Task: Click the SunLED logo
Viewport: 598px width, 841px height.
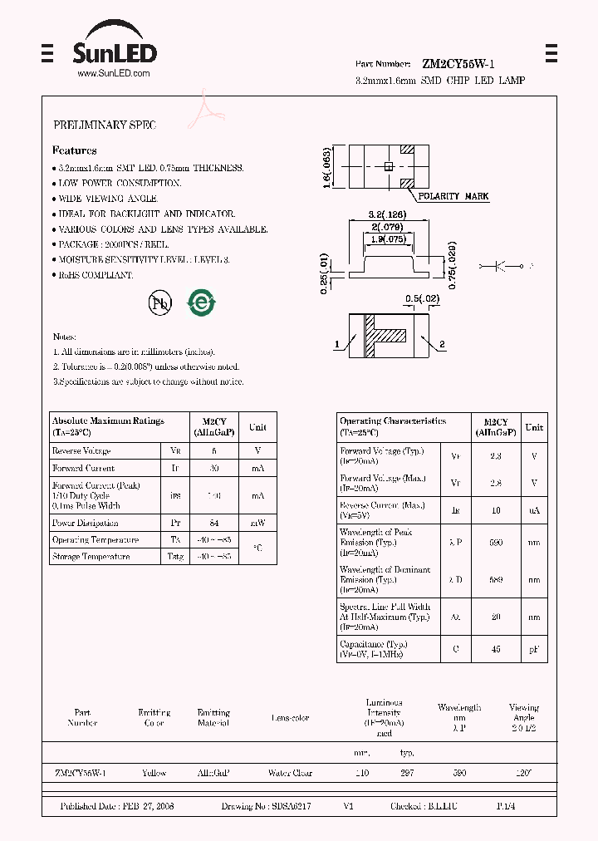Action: pyautogui.click(x=114, y=51)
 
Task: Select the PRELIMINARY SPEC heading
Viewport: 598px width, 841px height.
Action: pyautogui.click(x=105, y=125)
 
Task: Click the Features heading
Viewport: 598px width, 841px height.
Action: pyautogui.click(x=75, y=150)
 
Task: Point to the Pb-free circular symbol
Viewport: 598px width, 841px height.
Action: pyautogui.click(x=159, y=303)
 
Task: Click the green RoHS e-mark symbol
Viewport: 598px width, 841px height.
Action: pyautogui.click(x=200, y=303)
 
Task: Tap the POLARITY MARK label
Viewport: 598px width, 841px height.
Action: pyautogui.click(x=453, y=196)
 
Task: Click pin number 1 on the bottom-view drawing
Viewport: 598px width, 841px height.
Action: pyautogui.click(x=337, y=344)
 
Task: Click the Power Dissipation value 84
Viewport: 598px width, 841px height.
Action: pyautogui.click(x=213, y=524)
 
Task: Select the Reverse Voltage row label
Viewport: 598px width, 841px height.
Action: pyautogui.click(x=81, y=450)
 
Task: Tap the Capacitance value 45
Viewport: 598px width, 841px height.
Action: pyautogui.click(x=497, y=649)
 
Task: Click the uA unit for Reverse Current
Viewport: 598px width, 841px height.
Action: pyautogui.click(x=534, y=509)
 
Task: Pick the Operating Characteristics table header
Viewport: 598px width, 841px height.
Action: pyautogui.click(x=393, y=426)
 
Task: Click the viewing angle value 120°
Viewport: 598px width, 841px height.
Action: pyautogui.click(x=523, y=773)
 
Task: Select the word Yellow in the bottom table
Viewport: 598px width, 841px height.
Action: pyautogui.click(x=154, y=773)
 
